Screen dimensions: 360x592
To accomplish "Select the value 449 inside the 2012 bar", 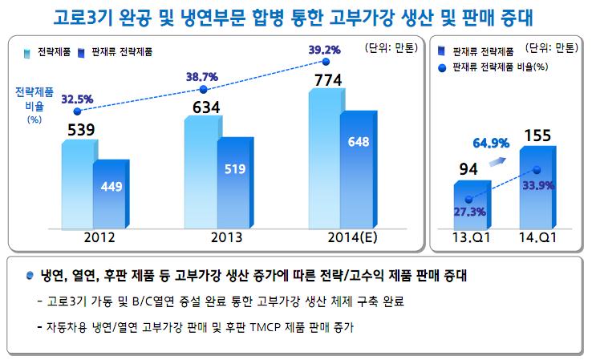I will pos(112,186).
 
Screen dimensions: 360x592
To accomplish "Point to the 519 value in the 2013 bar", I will pos(235,169).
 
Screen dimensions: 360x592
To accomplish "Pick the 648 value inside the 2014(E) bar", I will pos(359,143).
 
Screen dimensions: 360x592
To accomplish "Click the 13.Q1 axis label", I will pos(467,237).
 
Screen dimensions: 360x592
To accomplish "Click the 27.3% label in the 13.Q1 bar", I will pos(469,212).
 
